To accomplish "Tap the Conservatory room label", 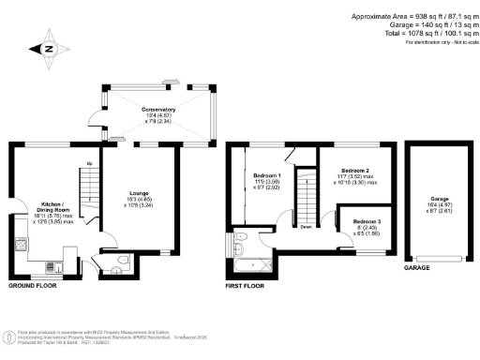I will point(158,110).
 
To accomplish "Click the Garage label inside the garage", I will point(440,200).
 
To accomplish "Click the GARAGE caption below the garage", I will point(417,268).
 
